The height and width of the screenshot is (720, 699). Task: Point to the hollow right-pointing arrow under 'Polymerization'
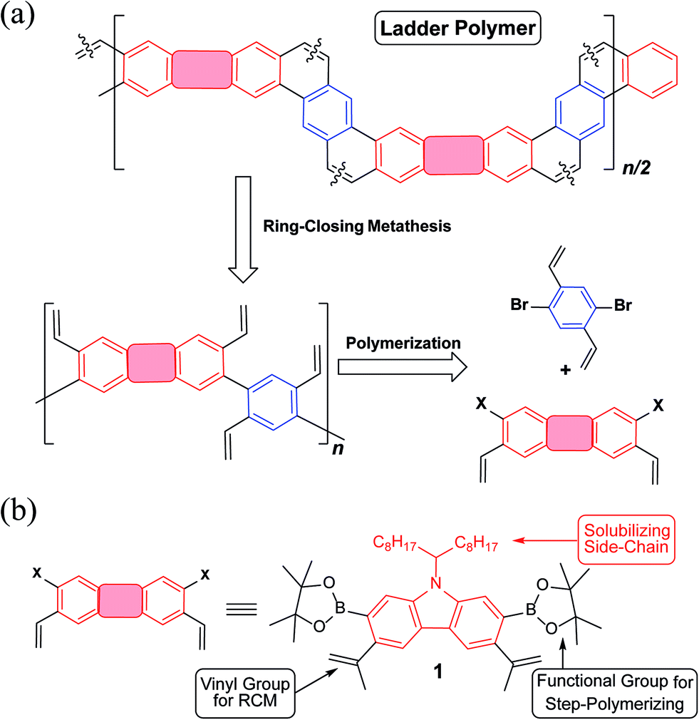400,367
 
